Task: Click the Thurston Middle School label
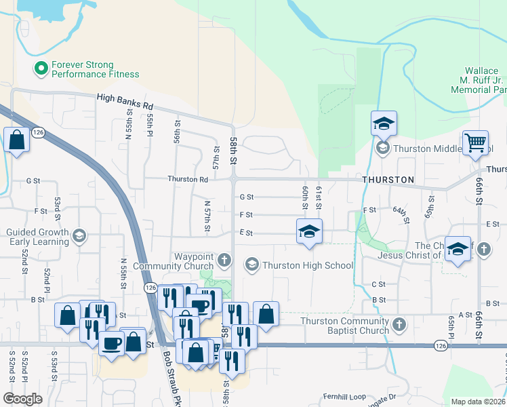pos(428,148)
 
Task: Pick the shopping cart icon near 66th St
pos(476,142)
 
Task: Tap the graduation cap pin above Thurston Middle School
pos(384,123)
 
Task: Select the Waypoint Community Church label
pos(175,261)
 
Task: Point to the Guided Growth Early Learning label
pos(37,236)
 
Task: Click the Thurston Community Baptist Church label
pos(344,326)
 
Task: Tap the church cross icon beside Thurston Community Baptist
pos(400,325)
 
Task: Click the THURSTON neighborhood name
pos(388,180)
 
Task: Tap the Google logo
pos(22,399)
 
